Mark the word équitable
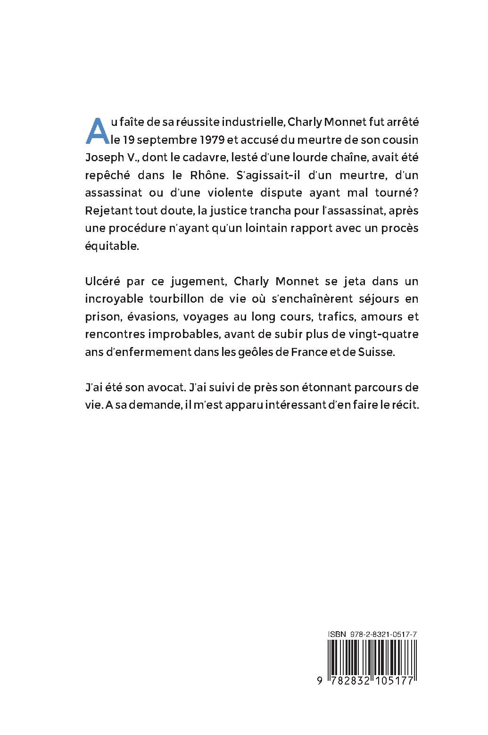coord(112,247)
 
